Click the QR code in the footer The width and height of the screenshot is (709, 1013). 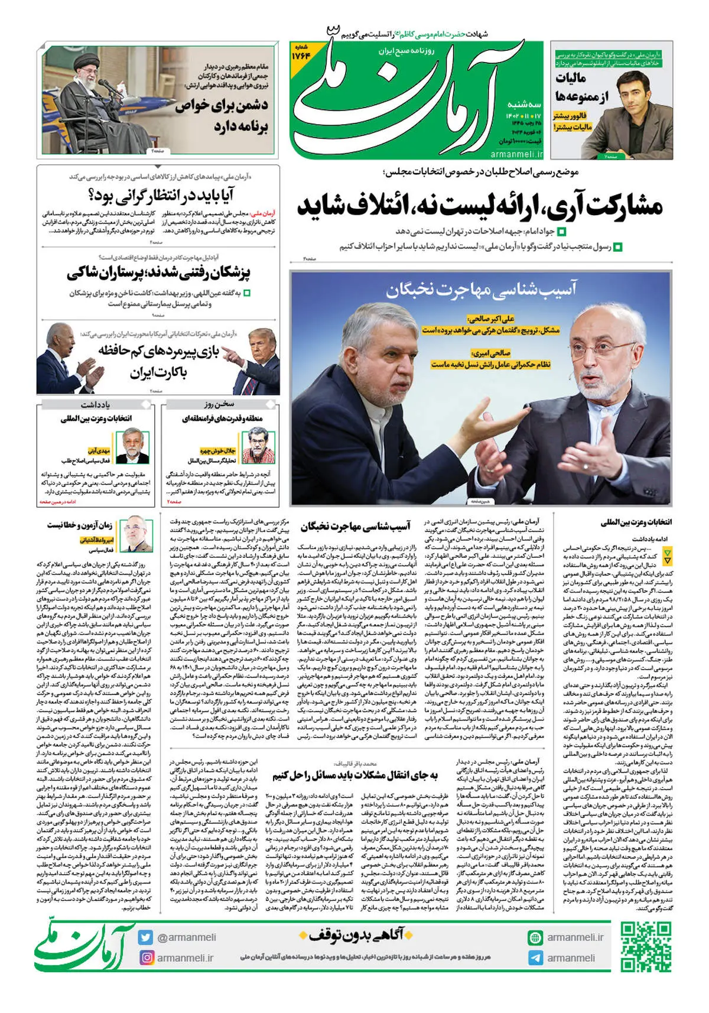[x=646, y=947]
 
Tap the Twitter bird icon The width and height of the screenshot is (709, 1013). [x=146, y=937]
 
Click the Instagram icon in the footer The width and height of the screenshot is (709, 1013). [x=146, y=957]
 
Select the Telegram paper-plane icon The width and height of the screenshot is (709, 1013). [x=535, y=957]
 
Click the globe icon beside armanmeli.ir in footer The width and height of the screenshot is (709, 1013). [x=535, y=937]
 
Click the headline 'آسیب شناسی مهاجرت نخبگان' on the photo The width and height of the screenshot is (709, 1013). [x=481, y=290]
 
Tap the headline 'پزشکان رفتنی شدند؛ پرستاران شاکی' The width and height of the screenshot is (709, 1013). [x=158, y=273]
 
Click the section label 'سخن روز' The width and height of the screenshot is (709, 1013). [x=219, y=404]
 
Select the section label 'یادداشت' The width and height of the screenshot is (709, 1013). [x=95, y=404]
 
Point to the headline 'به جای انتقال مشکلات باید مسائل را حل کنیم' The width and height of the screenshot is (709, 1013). [x=354, y=775]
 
